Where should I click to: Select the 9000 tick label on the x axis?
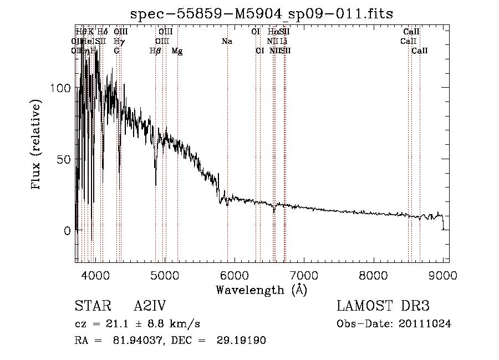(x=443, y=275)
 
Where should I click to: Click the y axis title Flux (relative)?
(x=37, y=145)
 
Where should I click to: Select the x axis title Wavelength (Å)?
(x=261, y=290)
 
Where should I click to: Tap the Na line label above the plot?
(x=226, y=41)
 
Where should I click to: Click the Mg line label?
(x=177, y=50)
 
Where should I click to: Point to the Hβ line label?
(x=155, y=50)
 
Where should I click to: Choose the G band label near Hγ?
(x=116, y=50)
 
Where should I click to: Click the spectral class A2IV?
(x=150, y=306)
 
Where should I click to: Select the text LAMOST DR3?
(x=383, y=306)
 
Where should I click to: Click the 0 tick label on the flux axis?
(x=67, y=230)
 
